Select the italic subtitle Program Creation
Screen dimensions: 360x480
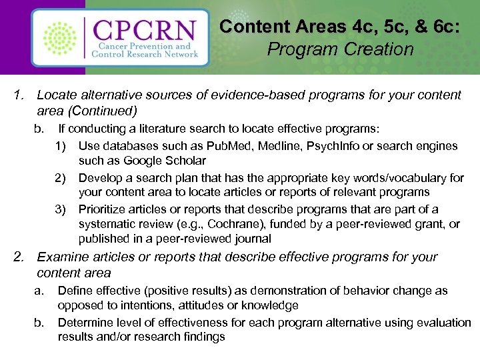point(340,49)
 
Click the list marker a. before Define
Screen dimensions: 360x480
point(39,291)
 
